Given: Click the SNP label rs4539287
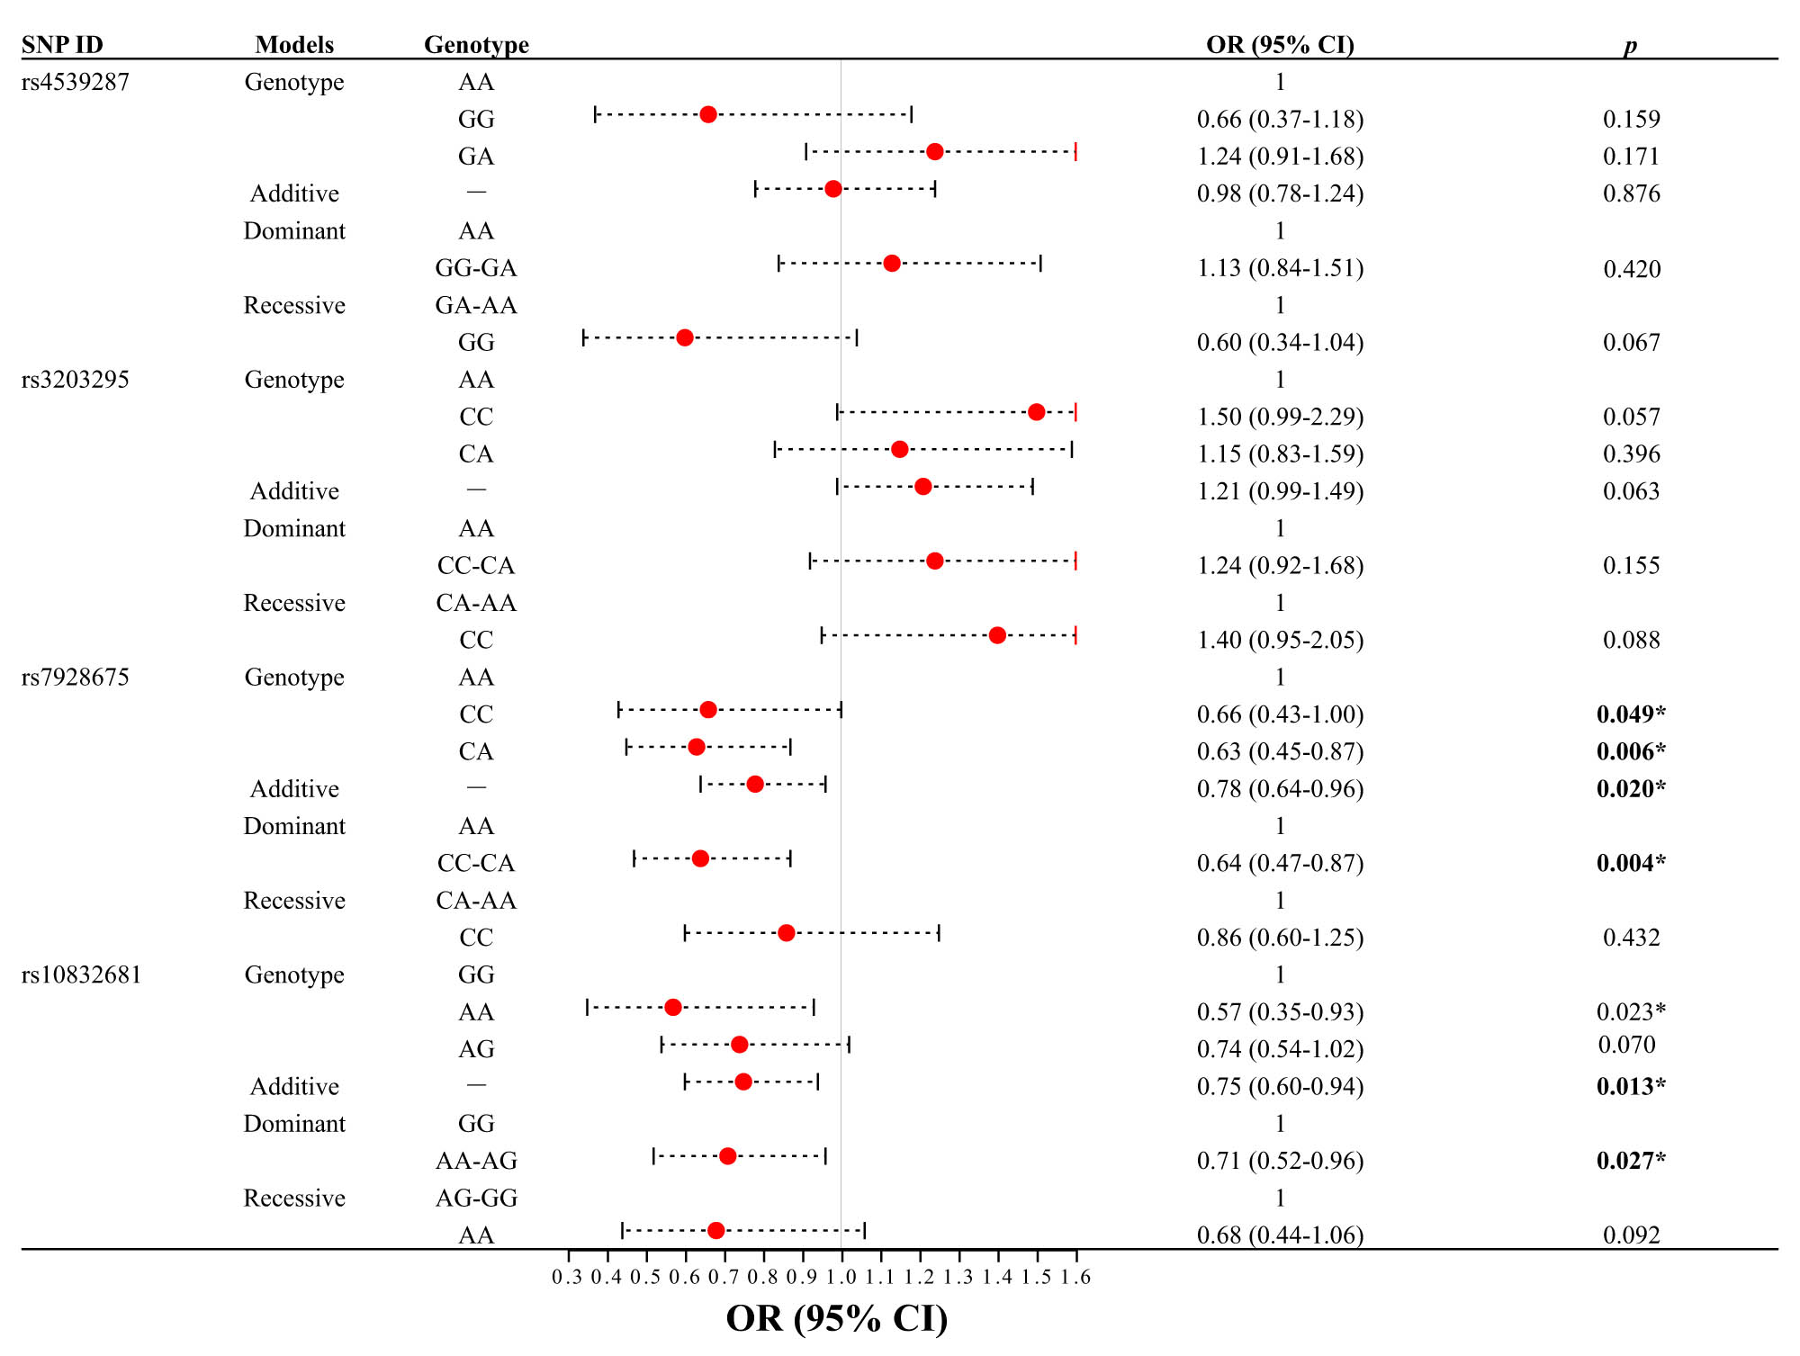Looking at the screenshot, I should pyautogui.click(x=76, y=82).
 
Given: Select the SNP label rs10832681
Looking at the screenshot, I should pyautogui.click(x=81, y=974).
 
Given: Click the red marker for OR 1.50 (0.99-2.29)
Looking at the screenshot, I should pyautogui.click(x=1036, y=412).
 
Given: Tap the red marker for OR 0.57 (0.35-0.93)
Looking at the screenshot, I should pyautogui.click(x=672, y=1007).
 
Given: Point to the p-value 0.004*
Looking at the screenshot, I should pyautogui.click(x=1630, y=863).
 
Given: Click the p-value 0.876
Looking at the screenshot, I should pyautogui.click(x=1631, y=193).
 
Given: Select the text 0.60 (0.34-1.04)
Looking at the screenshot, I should pyautogui.click(x=1280, y=342).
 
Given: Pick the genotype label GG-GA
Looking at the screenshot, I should pyautogui.click(x=475, y=268).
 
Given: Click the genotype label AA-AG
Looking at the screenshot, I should pyautogui.click(x=476, y=1161).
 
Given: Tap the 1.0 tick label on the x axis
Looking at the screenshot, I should pyautogui.click(x=841, y=1277).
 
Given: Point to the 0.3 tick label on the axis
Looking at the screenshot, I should pyautogui.click(x=567, y=1277).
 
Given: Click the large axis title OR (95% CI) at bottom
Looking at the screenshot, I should pyautogui.click(x=836, y=1318).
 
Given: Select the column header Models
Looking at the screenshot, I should pyautogui.click(x=294, y=44).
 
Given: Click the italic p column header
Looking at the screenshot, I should pyautogui.click(x=1630, y=46).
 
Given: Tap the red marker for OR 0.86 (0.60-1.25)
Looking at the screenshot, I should pyautogui.click(x=786, y=933).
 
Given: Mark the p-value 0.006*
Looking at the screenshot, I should pyautogui.click(x=1630, y=751).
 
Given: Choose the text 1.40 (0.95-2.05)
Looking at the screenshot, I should pyautogui.click(x=1280, y=640).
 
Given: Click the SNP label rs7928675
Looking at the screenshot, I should pyautogui.click(x=76, y=677).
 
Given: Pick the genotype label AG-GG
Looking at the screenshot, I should pyautogui.click(x=476, y=1198).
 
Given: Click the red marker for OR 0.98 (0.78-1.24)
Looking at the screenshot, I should pyautogui.click(x=832, y=189).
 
